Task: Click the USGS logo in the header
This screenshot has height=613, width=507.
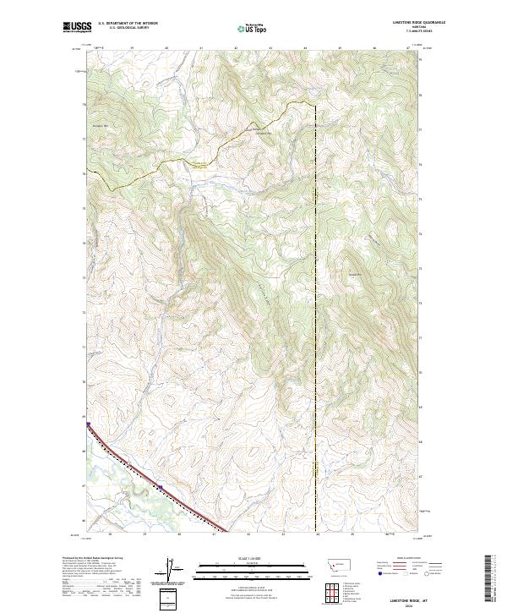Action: pos(76,28)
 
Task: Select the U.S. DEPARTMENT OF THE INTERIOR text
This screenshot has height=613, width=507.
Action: pos(128,23)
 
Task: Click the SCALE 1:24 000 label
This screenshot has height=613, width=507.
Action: pos(246,557)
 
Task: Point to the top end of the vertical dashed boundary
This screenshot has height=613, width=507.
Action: pos(316,106)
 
